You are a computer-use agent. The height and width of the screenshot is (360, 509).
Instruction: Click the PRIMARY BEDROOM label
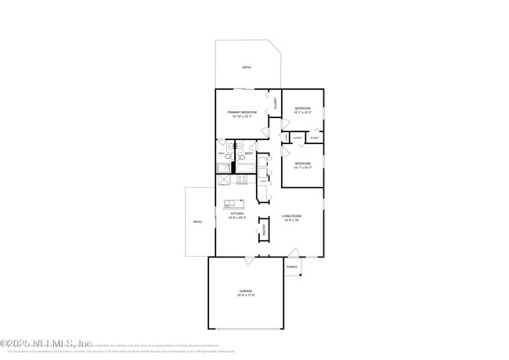click(242, 112)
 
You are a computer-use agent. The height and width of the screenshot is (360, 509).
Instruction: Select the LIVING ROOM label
click(292, 215)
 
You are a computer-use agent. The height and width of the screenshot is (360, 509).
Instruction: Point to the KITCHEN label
click(236, 214)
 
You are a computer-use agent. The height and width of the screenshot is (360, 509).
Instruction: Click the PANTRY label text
click(265, 231)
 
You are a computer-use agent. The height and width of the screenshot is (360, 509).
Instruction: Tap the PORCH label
click(292, 267)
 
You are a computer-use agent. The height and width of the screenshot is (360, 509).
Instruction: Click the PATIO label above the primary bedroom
click(247, 68)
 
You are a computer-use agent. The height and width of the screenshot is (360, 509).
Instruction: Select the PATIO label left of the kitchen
click(198, 222)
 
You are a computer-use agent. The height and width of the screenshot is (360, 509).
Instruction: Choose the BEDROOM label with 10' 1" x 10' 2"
click(302, 108)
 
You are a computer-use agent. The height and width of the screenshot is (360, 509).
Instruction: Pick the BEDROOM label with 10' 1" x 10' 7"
click(302, 164)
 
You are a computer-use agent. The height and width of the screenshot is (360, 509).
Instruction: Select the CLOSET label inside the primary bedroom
click(275, 103)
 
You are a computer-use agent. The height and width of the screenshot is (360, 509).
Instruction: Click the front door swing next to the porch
click(293, 253)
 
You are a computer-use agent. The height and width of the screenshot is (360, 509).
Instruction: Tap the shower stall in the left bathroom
click(224, 179)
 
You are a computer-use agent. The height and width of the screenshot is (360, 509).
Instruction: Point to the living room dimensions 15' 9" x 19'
click(292, 220)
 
